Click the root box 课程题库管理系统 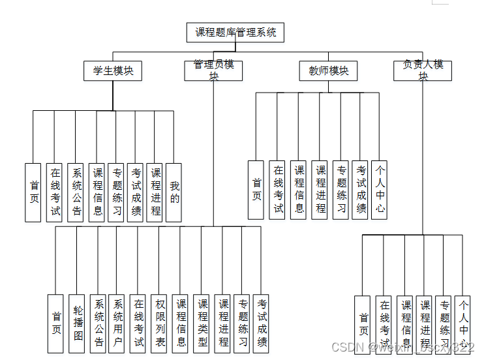point(235,33)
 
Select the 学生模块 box point(113,70)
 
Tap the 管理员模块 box point(213,70)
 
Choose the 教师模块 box point(329,70)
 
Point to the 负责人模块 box point(423,70)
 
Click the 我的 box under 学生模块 point(174,192)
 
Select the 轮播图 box point(77,323)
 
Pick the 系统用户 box point(117,323)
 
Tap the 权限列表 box point(160,323)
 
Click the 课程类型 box point(202,323)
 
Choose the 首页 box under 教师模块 point(256,190)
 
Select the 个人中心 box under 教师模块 point(380,190)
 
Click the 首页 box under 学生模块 point(33,192)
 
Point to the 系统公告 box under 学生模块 point(76,192)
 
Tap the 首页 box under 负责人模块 point(363,324)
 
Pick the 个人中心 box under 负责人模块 point(462,324)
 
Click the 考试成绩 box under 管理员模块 point(262,323)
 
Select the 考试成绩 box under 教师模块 point(361,190)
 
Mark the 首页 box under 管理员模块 point(56,323)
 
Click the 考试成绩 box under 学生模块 point(136,192)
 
